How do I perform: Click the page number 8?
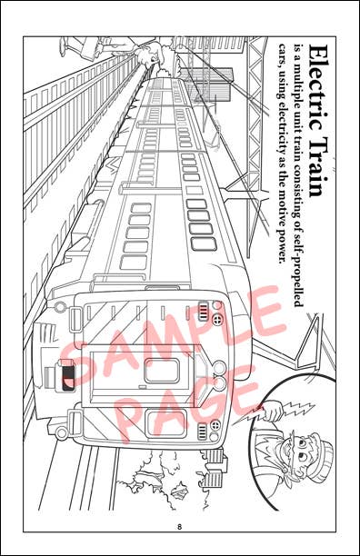(x=180, y=527)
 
